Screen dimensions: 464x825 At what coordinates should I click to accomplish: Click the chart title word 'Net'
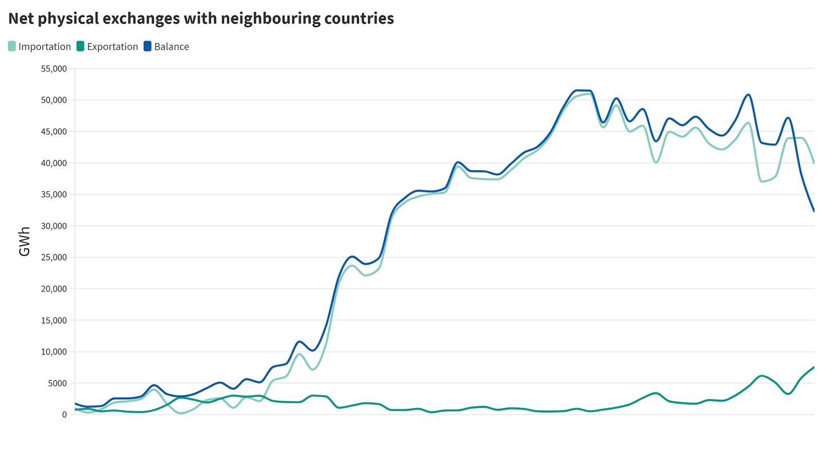[21, 18]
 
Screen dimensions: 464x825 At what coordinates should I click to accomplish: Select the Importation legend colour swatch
[12, 46]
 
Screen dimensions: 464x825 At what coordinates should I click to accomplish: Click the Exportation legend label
[112, 46]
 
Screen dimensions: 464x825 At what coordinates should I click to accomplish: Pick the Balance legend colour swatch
[148, 46]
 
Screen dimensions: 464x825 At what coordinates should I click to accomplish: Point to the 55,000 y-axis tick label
[52, 69]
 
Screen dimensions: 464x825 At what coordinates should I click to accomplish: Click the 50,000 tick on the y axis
[52, 100]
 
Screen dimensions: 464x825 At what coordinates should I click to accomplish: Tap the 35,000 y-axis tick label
[52, 195]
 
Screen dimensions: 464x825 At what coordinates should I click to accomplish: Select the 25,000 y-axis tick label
[52, 257]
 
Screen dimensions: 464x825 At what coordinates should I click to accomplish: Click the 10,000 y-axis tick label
[52, 352]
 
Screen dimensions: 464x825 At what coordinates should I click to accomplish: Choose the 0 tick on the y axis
[64, 415]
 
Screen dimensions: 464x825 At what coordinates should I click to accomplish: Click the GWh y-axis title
[25, 241]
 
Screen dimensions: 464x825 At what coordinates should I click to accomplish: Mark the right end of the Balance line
[814, 211]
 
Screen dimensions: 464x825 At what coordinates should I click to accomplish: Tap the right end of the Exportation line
[814, 367]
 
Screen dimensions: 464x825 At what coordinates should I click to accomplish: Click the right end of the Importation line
[814, 163]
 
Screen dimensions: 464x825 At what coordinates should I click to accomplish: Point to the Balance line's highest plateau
[583, 91]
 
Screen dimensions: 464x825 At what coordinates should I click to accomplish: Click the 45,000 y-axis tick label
[52, 132]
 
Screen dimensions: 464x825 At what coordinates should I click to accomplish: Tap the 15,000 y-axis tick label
[52, 320]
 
